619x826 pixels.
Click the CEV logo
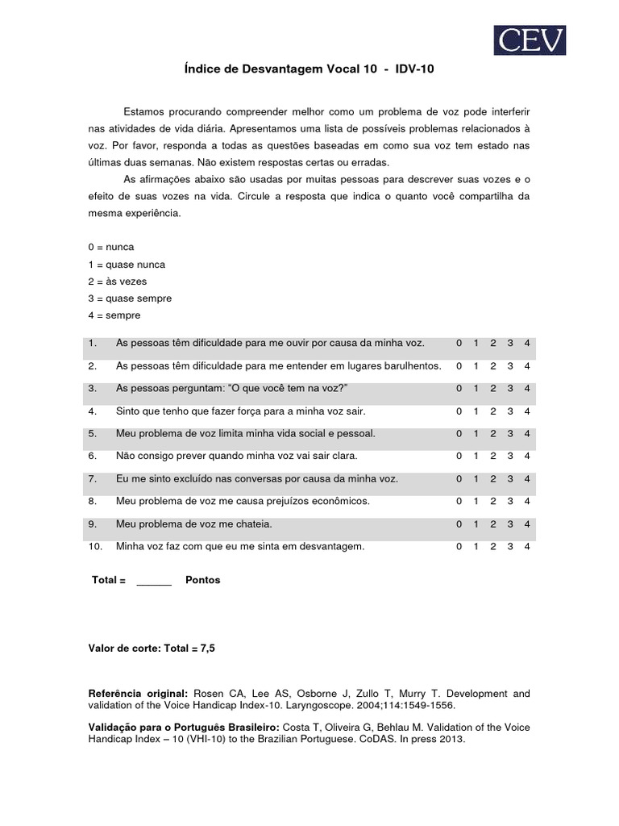(x=529, y=40)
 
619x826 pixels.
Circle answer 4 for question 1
(x=527, y=344)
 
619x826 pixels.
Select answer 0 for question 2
(x=459, y=366)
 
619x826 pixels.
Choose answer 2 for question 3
(x=492, y=389)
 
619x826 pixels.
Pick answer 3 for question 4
(x=510, y=411)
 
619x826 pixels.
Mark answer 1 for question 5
(x=476, y=434)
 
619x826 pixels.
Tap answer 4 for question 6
(x=527, y=457)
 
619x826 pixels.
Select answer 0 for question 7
(x=459, y=479)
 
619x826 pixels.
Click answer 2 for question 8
(x=492, y=502)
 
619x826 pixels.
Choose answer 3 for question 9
(x=510, y=524)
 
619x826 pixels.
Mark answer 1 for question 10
(x=476, y=547)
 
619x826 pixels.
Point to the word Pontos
(x=202, y=580)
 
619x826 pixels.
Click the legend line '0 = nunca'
(x=110, y=247)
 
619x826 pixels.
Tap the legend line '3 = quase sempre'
(x=129, y=298)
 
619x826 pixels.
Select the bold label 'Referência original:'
(x=137, y=694)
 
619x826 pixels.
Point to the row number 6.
(x=93, y=457)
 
